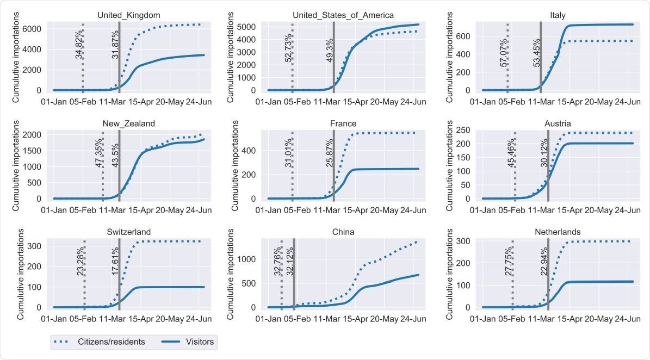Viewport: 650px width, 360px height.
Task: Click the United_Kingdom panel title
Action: pyautogui.click(x=125, y=15)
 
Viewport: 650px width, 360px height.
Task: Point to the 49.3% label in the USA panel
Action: pyautogui.click(x=330, y=50)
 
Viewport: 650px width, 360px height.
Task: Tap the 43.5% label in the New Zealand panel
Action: pyautogui.click(x=116, y=154)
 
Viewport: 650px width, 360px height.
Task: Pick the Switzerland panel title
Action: pyautogui.click(x=129, y=232)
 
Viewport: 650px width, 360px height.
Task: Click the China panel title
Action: pyautogui.click(x=343, y=232)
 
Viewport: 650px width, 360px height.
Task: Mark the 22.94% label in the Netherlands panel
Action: pyautogui.click(x=544, y=261)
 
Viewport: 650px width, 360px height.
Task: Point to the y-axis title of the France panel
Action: pyautogui.click(x=231, y=165)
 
